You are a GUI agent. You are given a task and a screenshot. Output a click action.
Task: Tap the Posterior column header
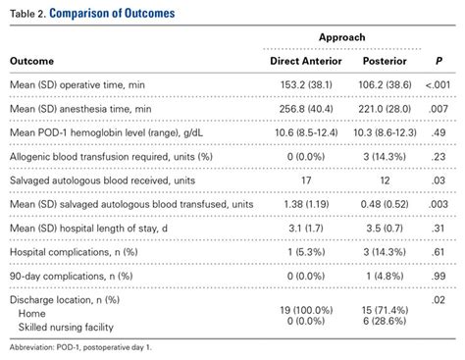pyautogui.click(x=385, y=61)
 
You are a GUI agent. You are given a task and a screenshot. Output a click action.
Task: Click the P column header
pyautogui.click(x=438, y=61)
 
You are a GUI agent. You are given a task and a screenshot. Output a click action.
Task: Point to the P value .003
pyautogui.click(x=438, y=204)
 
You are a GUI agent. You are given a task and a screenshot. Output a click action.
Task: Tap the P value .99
pyautogui.click(x=438, y=276)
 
